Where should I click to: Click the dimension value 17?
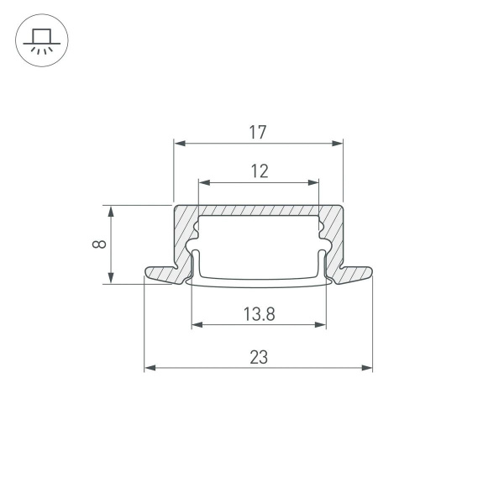[x=258, y=132]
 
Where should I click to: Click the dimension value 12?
[x=259, y=171]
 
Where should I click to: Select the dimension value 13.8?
[x=259, y=314]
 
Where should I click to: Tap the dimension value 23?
[x=259, y=357]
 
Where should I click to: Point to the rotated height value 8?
[x=98, y=244]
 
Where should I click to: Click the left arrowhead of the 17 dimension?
[x=178, y=144]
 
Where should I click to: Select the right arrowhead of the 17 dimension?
[x=339, y=144]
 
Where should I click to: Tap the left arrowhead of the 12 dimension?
[x=202, y=182]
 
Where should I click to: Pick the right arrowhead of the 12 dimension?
[x=315, y=182]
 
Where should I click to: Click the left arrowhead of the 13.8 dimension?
[x=197, y=324]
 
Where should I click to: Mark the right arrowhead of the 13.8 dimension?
[x=321, y=324]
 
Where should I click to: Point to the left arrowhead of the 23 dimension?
[x=150, y=367]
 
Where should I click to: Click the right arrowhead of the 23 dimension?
[x=367, y=367]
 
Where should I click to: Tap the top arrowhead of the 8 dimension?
[x=112, y=210]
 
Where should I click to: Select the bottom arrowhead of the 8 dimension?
[x=112, y=279]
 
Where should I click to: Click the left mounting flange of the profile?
[x=160, y=274]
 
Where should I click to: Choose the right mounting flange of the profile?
[x=356, y=274]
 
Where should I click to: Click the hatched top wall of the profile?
[x=259, y=210]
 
